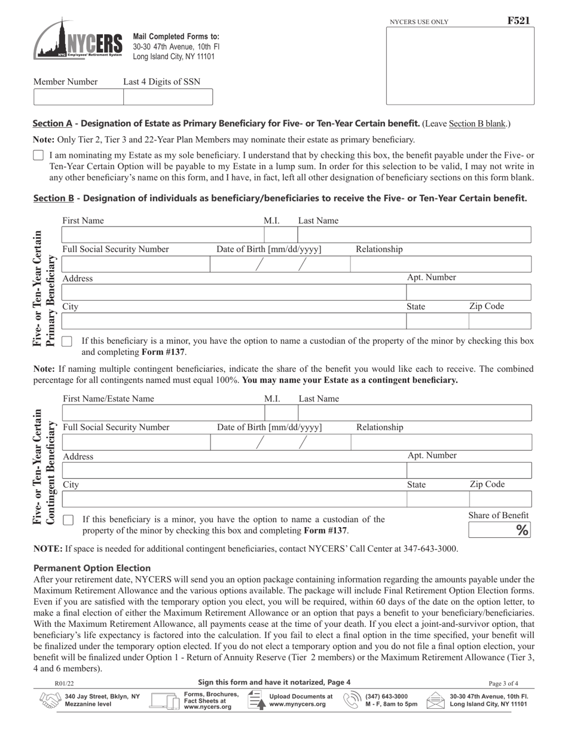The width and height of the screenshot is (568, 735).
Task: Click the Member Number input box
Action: (x=78, y=97)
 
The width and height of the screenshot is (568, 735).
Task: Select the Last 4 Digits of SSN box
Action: (x=167, y=97)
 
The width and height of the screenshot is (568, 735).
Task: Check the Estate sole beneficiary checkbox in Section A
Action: (x=38, y=155)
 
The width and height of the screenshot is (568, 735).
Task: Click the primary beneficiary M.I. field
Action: (x=280, y=235)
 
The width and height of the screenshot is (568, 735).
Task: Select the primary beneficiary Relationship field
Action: (x=440, y=264)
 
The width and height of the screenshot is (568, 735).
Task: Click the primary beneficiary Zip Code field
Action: (x=499, y=321)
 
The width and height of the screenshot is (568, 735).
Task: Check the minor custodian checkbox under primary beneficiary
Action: (x=67, y=342)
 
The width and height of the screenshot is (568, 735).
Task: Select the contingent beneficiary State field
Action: (x=437, y=499)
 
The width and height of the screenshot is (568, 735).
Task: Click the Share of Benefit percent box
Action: (x=499, y=530)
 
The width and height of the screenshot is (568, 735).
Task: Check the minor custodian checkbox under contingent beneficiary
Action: (x=68, y=520)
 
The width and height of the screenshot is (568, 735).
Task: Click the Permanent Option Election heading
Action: (x=92, y=568)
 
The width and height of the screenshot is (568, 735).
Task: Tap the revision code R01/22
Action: (x=65, y=683)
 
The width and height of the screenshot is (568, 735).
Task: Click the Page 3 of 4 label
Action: (x=503, y=683)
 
